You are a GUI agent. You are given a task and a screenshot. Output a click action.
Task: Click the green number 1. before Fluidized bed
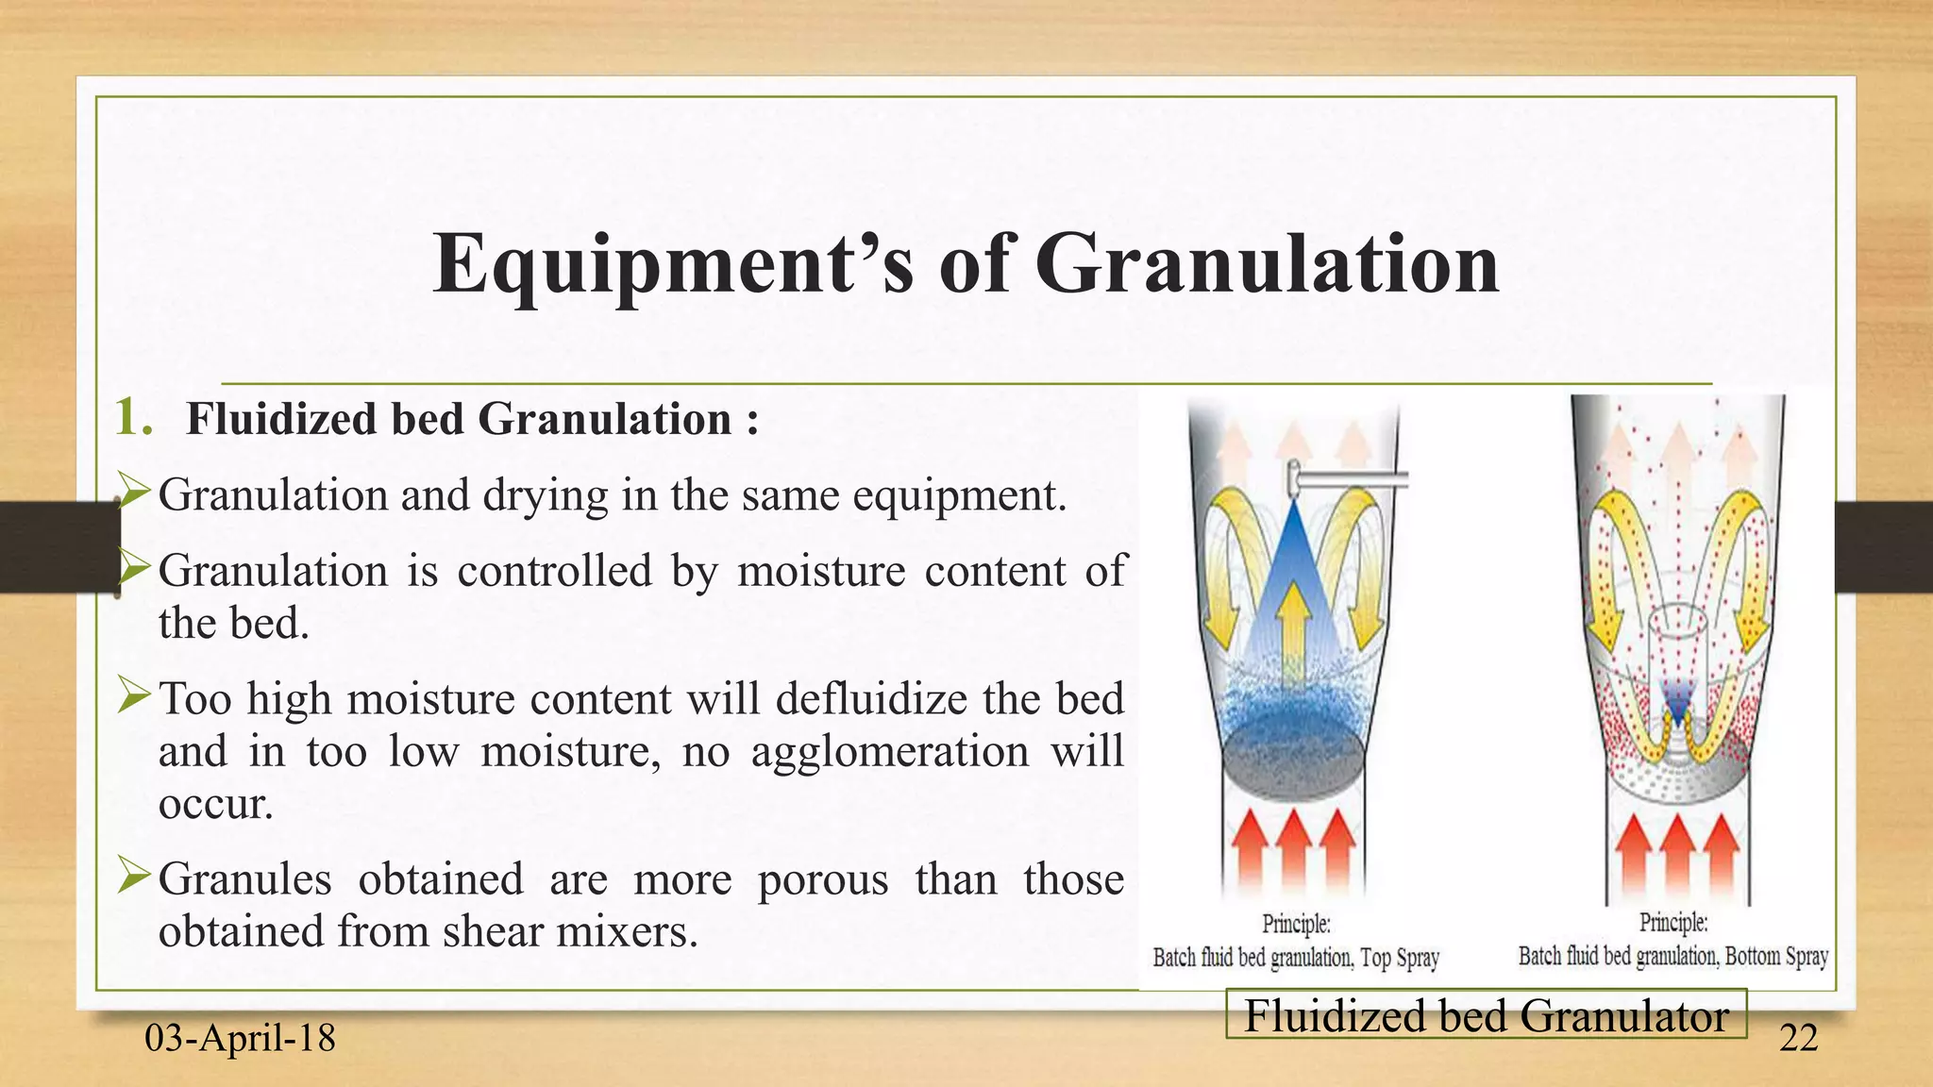(132, 418)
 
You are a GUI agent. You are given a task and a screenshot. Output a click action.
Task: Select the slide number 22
(1798, 1038)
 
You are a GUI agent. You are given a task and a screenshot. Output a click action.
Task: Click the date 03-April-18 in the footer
(240, 1038)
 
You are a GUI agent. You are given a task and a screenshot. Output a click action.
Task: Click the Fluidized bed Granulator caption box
(1486, 1015)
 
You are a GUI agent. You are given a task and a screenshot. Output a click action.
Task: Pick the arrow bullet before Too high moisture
(134, 697)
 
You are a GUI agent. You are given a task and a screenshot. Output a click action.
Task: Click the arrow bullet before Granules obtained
(134, 877)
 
